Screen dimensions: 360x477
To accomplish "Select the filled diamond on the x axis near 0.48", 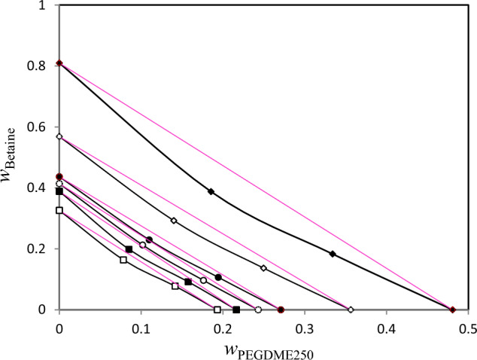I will click(x=452, y=310).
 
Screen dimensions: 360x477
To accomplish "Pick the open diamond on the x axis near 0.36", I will click(x=351, y=310).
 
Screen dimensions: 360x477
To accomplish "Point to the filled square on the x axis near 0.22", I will click(x=236, y=310).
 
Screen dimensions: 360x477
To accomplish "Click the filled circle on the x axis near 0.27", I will click(x=281, y=310).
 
